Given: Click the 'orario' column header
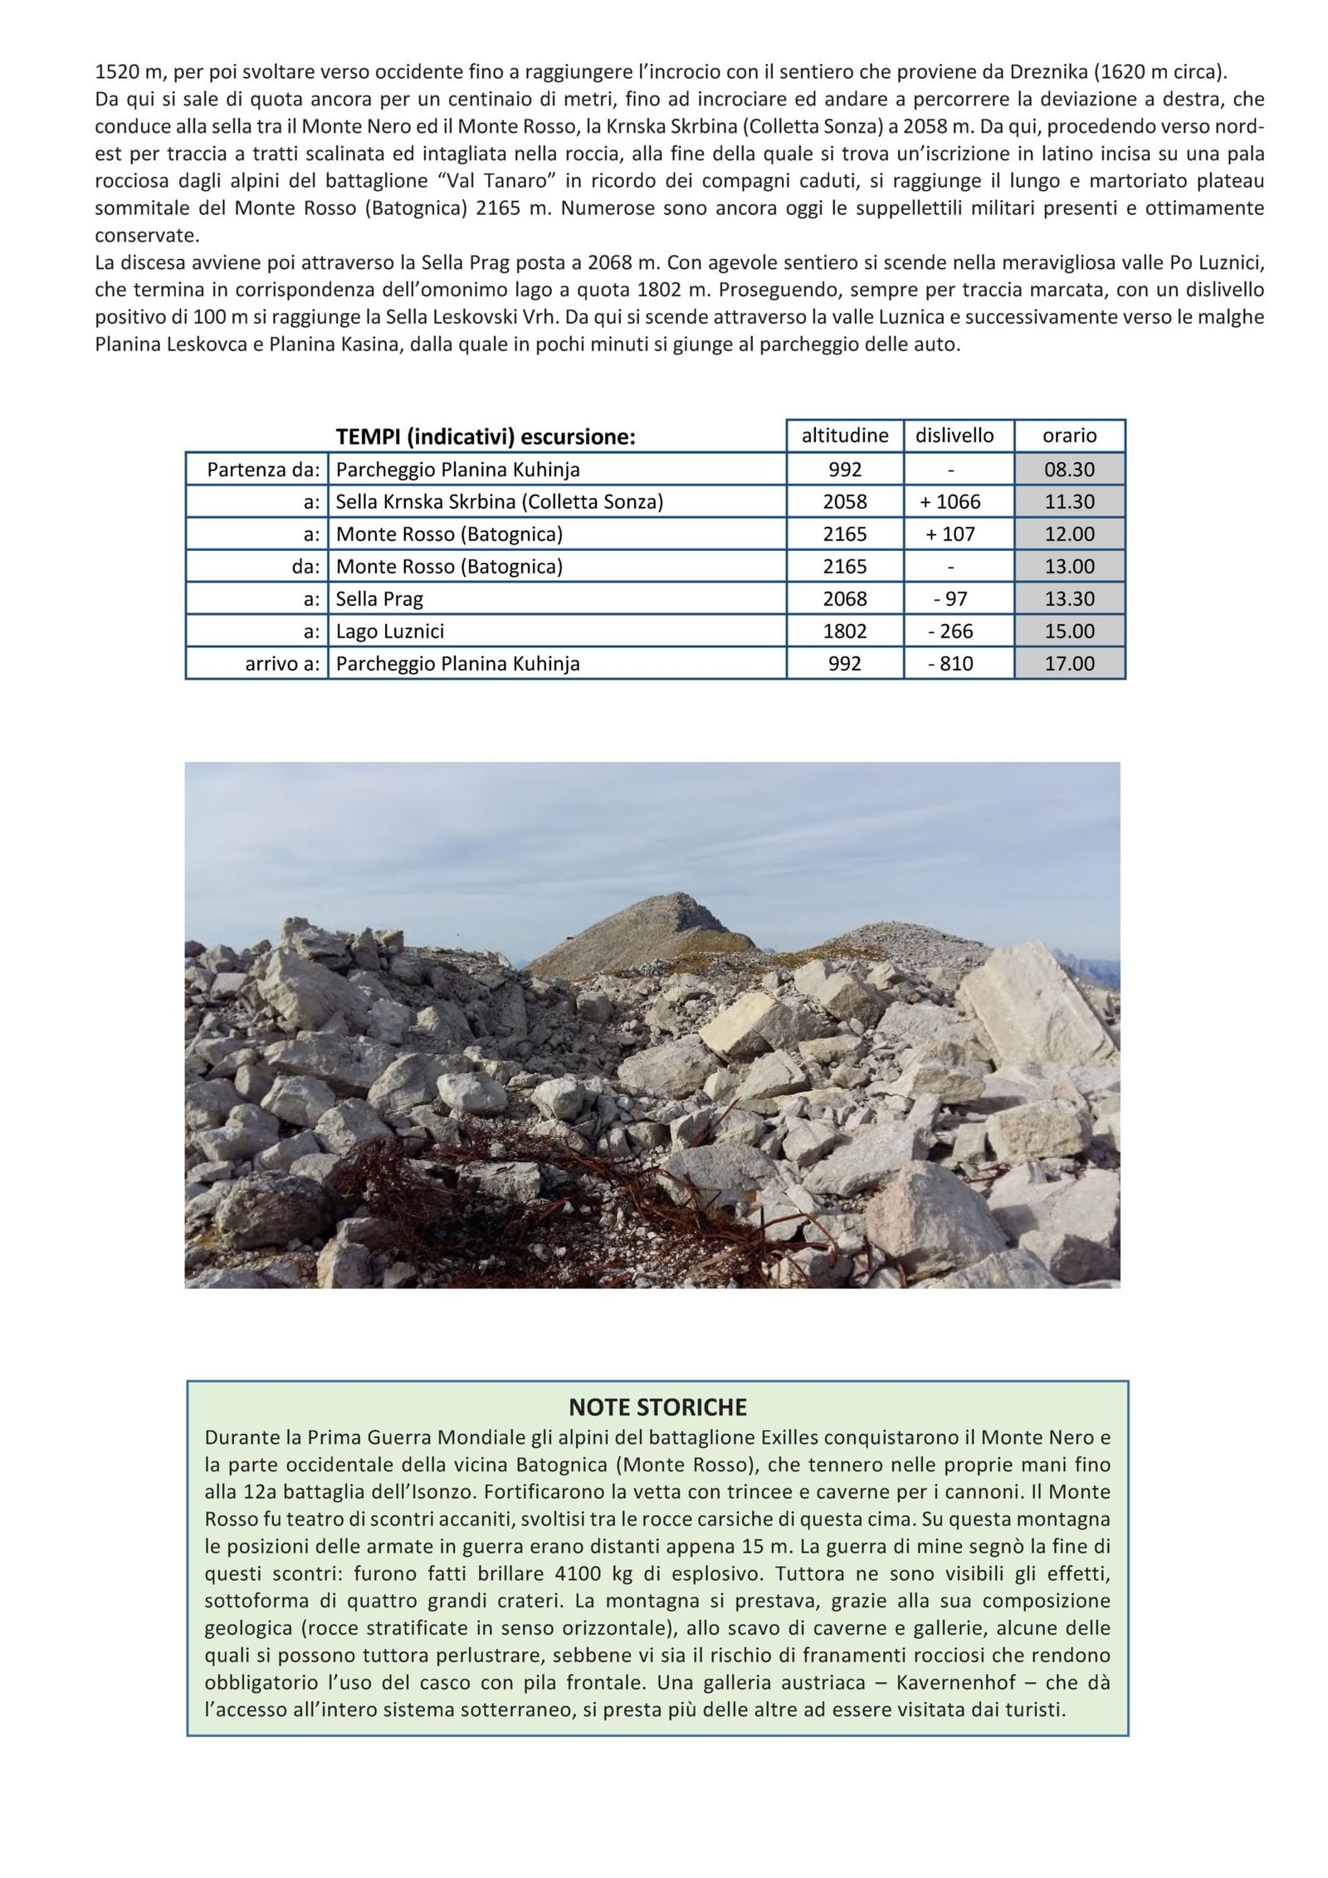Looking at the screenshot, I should (x=1069, y=436).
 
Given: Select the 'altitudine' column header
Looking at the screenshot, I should (x=844, y=436).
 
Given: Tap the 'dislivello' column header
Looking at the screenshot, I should (x=954, y=436).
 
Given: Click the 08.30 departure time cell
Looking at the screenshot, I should (x=1069, y=470).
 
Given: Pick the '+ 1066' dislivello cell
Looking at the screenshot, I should (x=950, y=502).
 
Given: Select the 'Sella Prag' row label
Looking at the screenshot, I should (x=379, y=599).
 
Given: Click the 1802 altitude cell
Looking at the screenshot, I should (x=844, y=632).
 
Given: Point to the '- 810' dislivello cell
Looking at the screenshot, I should (x=950, y=664).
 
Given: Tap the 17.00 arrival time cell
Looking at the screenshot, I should (x=1069, y=664).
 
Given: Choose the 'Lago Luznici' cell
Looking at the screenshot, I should (x=389, y=632).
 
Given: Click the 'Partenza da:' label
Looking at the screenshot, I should (x=262, y=470).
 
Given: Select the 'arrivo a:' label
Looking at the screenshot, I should (x=281, y=664).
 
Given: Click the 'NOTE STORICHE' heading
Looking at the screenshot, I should (x=657, y=1407).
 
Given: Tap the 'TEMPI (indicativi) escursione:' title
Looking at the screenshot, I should (x=485, y=437).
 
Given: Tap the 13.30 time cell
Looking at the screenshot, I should (x=1069, y=599).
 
